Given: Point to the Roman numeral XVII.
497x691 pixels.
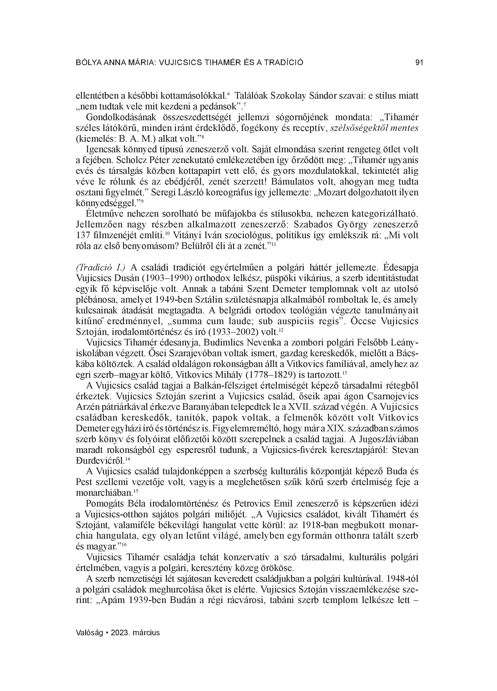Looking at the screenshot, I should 305,407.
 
